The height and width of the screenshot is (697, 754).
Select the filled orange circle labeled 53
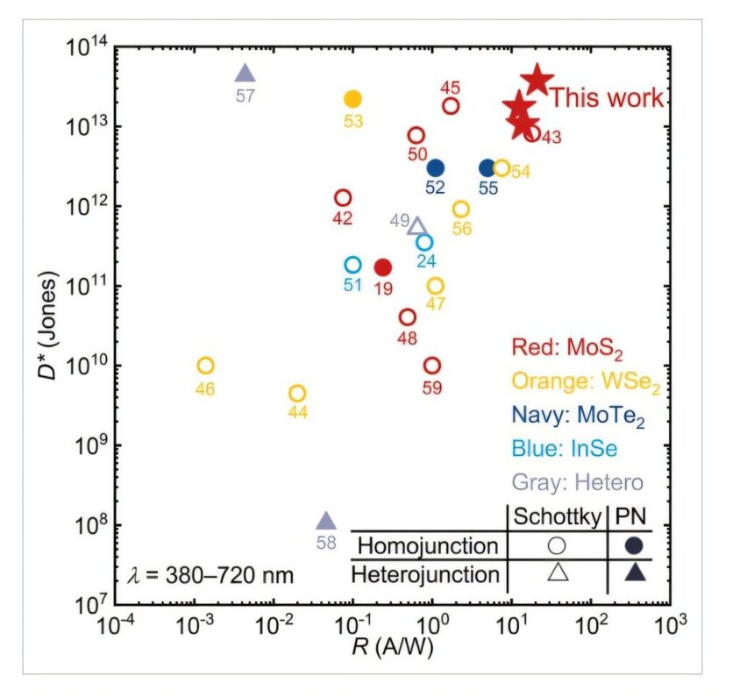point(352,99)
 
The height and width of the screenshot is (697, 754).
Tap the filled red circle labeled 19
point(382,267)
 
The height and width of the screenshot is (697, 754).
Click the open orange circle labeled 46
point(205,366)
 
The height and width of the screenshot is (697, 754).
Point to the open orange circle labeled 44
point(297,394)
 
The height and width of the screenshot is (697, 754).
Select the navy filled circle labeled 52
point(435,167)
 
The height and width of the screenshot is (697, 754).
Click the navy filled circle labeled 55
point(487,167)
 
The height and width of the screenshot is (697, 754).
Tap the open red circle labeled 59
point(431,366)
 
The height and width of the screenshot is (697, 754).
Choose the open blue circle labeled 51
point(352,265)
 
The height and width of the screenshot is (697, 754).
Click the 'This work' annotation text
point(607,97)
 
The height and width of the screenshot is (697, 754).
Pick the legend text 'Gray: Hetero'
point(577,482)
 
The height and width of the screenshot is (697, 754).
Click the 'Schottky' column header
point(558,516)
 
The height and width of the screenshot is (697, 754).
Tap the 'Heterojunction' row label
point(425,575)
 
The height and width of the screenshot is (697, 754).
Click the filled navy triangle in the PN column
point(635,574)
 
